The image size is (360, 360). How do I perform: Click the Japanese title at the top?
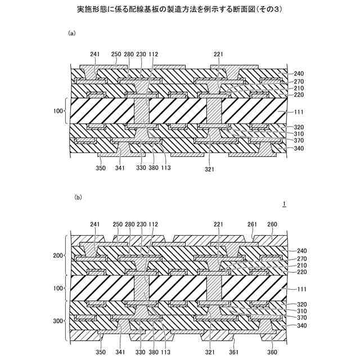180,10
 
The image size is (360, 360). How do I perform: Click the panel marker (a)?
71,34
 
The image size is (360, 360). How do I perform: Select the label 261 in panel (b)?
253,224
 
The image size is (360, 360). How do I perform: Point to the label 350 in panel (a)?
100,168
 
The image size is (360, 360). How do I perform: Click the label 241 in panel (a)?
94,54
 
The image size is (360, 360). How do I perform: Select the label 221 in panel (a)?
219,54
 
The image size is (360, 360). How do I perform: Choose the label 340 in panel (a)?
298,149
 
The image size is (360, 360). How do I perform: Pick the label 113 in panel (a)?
165,168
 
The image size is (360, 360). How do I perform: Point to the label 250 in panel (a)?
116,54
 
